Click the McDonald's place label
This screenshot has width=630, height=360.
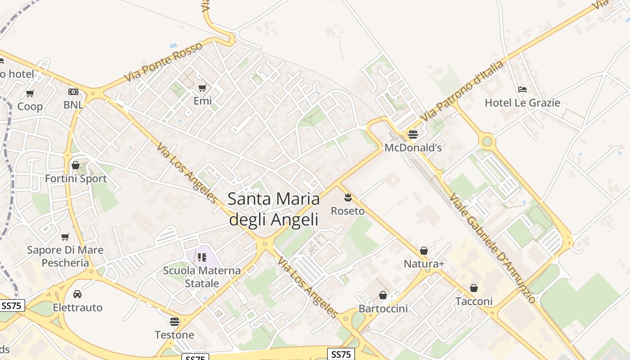413,148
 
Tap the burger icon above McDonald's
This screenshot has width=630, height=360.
413,134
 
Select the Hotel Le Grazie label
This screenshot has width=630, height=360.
522,103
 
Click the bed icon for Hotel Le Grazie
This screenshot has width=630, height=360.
522,89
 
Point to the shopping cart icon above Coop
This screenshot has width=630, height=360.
30,94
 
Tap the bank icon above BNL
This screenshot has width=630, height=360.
73,92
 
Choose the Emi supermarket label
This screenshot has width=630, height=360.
202,101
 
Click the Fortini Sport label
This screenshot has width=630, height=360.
76,179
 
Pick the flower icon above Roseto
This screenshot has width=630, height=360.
347,197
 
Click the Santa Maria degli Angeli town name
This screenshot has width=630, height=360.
274,209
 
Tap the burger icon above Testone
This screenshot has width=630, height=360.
175,321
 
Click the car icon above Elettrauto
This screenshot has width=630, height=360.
77,294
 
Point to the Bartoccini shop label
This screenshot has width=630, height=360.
383,309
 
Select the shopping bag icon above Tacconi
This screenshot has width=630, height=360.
474,288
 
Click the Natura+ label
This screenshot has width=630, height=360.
424,264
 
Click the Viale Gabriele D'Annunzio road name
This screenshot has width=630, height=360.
492,248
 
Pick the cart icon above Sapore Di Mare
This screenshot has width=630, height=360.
65,237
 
